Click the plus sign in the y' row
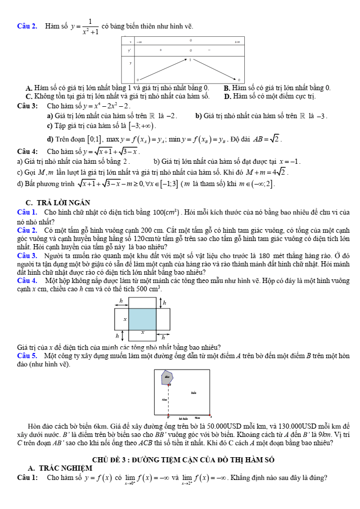(x=161, y=50)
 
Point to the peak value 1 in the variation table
(x=190, y=60)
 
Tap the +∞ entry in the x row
(x=237, y=41)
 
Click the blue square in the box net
(x=142, y=319)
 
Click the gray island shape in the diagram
(x=167, y=377)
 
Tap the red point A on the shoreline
(x=210, y=416)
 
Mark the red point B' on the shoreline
(x=168, y=416)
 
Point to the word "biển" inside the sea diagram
(x=193, y=393)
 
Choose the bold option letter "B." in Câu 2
(x=227, y=88)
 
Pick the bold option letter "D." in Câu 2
(x=227, y=96)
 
